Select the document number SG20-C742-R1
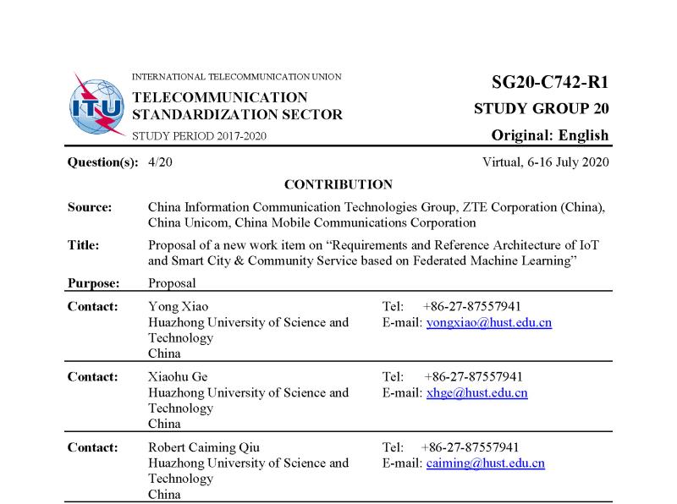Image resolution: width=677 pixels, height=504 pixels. [550, 82]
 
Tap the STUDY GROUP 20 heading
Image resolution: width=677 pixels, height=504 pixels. [541, 109]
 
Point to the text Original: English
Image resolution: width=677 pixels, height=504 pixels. [550, 135]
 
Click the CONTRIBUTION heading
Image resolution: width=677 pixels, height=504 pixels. [338, 184]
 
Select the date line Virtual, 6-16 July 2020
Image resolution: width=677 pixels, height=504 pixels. [545, 162]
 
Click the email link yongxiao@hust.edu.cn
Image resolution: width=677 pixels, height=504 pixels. [489, 322]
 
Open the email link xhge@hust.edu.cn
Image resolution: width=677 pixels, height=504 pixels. [476, 393]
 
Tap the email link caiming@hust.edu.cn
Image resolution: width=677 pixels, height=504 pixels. [485, 463]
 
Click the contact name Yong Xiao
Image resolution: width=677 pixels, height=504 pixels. [178, 306]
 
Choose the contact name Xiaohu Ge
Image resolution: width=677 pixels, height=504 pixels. [178, 376]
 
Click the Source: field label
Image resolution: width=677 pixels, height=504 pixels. [90, 207]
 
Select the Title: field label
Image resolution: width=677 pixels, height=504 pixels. [84, 245]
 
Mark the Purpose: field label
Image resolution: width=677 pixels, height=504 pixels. [93, 283]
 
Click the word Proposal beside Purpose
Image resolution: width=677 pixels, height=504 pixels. [172, 283]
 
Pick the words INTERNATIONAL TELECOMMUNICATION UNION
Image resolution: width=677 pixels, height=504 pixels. [237, 77]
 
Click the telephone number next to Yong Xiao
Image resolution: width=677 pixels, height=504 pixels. [471, 306]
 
